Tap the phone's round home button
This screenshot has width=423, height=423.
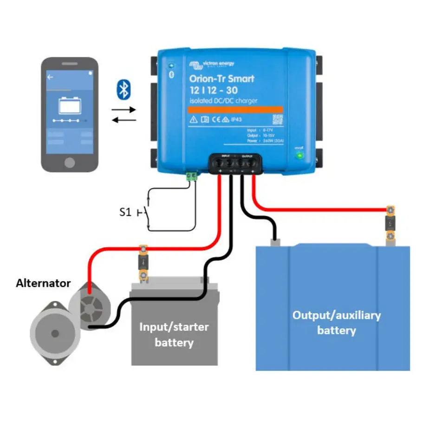69,162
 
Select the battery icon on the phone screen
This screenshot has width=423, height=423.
69,105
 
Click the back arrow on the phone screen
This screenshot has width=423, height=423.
50,77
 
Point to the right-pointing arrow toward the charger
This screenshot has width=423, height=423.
124,110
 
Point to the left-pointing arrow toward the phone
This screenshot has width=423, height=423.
124,119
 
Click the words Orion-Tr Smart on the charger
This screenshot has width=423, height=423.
221,78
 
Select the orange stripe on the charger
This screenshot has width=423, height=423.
234,109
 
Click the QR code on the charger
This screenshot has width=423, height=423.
277,119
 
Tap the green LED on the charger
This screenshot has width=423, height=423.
300,156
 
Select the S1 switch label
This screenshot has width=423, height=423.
125,213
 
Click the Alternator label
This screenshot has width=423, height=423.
43,283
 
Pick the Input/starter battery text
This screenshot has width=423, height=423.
174,334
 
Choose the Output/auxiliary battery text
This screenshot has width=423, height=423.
336,323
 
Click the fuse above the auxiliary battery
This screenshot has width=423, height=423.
390,224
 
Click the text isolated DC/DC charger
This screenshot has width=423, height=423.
223,101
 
